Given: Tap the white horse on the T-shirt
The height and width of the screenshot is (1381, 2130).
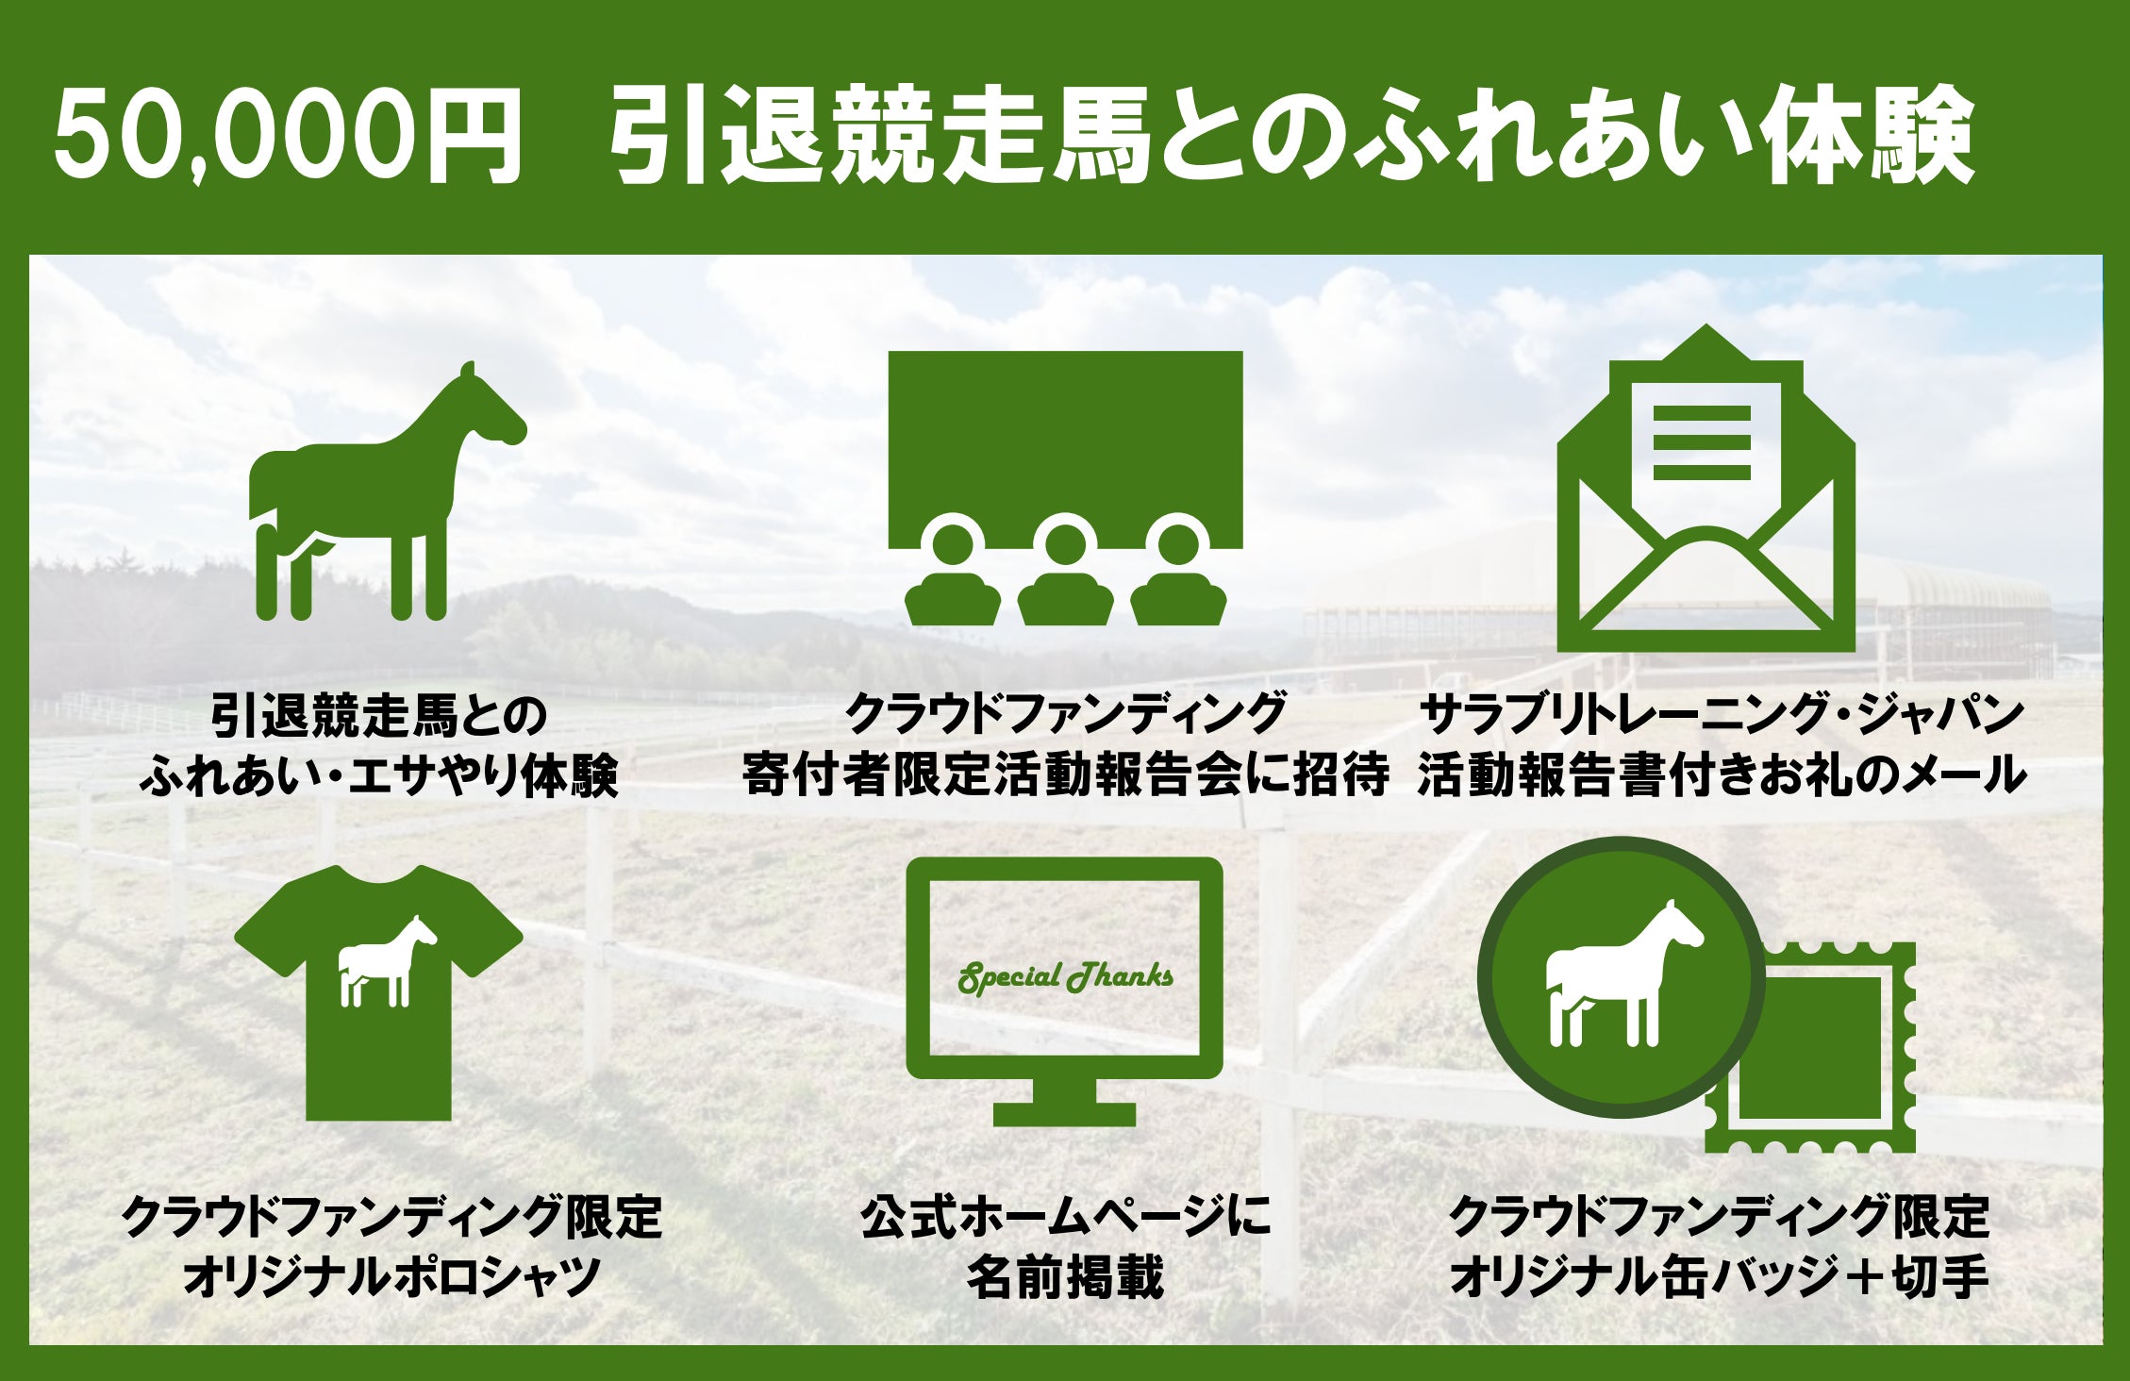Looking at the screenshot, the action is click(x=388, y=962).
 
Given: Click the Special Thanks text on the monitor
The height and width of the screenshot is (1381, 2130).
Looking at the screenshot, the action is click(x=1066, y=977).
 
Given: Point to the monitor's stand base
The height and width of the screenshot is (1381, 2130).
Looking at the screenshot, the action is click(x=1064, y=1113).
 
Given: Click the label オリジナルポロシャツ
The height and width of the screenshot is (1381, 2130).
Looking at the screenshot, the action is click(x=392, y=1277).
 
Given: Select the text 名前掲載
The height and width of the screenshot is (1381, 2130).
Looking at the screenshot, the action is click(x=1066, y=1277).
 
